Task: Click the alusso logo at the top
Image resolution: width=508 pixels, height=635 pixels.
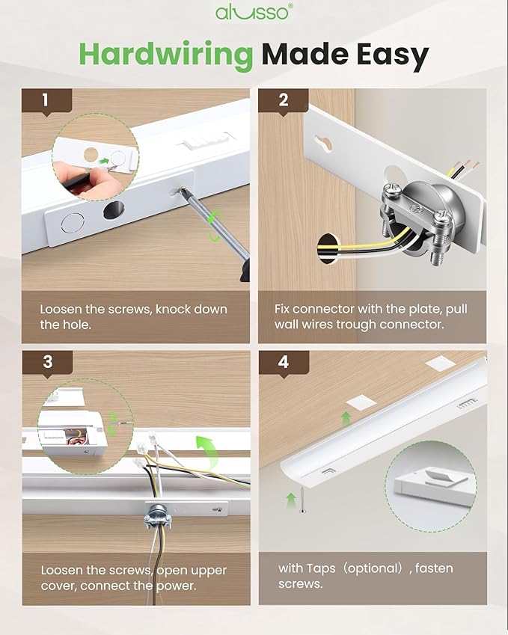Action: pyautogui.click(x=254, y=12)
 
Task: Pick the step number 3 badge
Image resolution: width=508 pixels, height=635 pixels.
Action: pyautogui.click(x=47, y=362)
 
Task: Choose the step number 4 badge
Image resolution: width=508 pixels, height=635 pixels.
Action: pyautogui.click(x=284, y=362)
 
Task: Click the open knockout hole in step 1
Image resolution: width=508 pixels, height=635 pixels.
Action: pyautogui.click(x=114, y=210)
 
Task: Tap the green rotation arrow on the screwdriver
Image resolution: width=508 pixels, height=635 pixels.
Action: pyautogui.click(x=215, y=227)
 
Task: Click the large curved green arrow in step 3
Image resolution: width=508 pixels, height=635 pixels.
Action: pyautogui.click(x=208, y=450)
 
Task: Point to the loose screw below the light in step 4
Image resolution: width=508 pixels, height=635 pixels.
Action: pyautogui.click(x=302, y=500)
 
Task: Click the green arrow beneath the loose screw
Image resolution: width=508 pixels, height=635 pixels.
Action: pyautogui.click(x=291, y=500)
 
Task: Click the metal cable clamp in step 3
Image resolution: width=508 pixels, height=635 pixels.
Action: pyautogui.click(x=157, y=516)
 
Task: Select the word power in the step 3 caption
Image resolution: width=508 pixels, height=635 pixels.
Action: pyautogui.click(x=176, y=586)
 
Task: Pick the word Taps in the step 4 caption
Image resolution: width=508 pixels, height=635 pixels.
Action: pyautogui.click(x=321, y=568)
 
